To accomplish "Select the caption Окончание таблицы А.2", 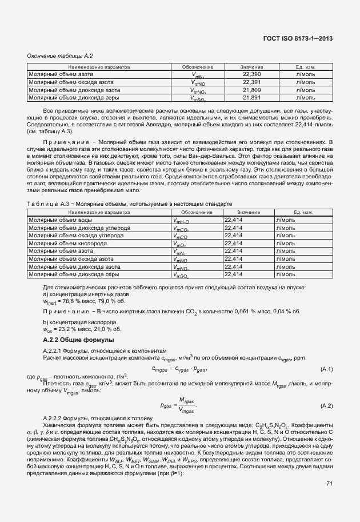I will (57, 55).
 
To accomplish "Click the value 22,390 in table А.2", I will (251, 74).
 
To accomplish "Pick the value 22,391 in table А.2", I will (251, 82).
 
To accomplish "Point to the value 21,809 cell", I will (251, 90).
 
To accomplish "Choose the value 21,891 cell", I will (251, 98).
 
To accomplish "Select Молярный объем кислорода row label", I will (63, 243).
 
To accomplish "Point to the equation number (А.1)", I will (327, 369).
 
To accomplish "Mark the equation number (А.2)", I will (327, 405).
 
